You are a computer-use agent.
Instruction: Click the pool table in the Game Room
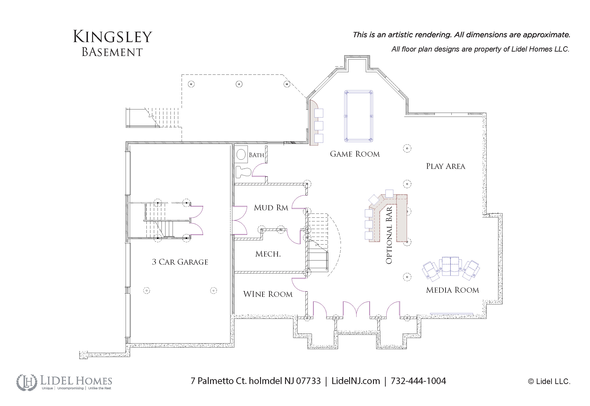point(358,116)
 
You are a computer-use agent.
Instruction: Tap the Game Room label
point(355,154)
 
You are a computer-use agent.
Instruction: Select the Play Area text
point(445,166)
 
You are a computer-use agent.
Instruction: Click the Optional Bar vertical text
point(389,235)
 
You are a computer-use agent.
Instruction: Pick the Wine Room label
point(268,294)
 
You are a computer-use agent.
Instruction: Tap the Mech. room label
point(268,254)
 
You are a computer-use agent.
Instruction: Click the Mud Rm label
point(271,208)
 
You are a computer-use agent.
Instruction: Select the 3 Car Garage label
point(180,262)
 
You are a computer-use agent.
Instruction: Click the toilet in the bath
point(243,172)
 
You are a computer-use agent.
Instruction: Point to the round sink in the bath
point(241,154)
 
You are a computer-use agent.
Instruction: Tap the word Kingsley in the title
point(112,37)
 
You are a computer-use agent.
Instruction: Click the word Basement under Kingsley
point(112,52)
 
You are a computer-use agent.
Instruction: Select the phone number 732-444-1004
point(418,381)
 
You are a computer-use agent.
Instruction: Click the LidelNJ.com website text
point(356,381)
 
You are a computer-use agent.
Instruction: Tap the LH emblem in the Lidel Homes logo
point(27,382)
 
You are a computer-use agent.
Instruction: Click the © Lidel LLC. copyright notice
point(549,381)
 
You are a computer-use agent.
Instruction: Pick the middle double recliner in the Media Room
point(450,266)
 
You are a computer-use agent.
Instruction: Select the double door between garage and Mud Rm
point(239,220)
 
